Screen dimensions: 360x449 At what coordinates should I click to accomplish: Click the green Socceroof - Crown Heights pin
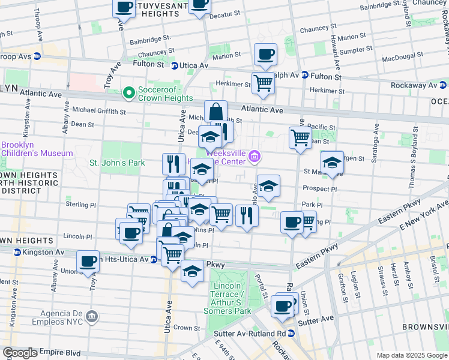(x=128, y=93)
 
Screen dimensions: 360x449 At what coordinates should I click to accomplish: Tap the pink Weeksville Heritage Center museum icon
(x=255, y=157)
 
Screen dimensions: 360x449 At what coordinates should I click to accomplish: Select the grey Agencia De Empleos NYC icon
(x=91, y=316)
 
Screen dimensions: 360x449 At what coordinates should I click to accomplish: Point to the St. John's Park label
(x=117, y=163)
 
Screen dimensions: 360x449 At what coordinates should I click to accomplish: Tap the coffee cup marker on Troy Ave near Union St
(x=88, y=261)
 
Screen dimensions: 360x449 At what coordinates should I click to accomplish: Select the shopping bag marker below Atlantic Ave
(x=215, y=112)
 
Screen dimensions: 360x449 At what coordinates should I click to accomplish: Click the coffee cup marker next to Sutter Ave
(x=282, y=306)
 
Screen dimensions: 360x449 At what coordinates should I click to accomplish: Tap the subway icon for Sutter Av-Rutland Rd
(x=291, y=333)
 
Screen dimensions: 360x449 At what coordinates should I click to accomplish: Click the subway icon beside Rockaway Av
(x=444, y=86)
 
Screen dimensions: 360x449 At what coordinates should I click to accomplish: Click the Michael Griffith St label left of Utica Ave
(x=98, y=111)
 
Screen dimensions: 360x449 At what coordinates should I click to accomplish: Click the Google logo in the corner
(x=20, y=353)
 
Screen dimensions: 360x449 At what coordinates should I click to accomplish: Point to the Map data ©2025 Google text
(x=412, y=355)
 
